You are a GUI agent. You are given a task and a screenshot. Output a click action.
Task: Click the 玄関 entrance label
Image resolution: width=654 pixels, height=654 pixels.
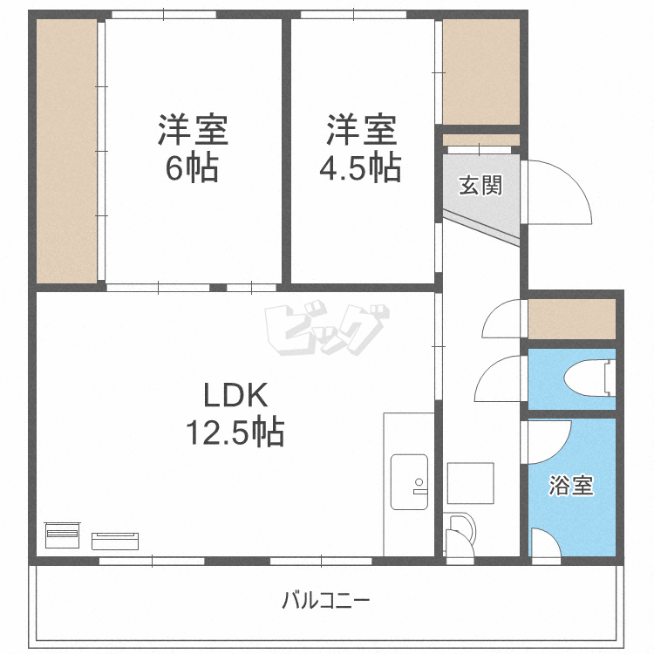(x=480, y=185)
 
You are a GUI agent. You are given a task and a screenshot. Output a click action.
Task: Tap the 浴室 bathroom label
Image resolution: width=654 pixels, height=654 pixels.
(x=570, y=485)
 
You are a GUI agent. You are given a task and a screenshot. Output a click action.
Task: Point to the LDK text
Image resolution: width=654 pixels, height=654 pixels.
(x=235, y=394)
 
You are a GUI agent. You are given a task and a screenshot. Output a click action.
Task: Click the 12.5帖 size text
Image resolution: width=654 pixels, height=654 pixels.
(x=235, y=432)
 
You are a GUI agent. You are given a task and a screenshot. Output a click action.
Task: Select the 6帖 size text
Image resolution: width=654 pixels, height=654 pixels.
(x=192, y=167)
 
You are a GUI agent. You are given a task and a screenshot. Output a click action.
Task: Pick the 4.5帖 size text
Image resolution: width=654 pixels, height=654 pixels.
(x=360, y=167)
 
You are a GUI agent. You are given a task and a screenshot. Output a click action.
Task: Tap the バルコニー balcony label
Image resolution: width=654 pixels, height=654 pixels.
(x=326, y=601)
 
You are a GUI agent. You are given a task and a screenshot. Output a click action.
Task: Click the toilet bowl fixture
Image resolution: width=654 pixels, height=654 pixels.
(x=589, y=378)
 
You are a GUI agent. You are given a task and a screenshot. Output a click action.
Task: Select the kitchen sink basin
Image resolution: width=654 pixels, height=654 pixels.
(x=409, y=481)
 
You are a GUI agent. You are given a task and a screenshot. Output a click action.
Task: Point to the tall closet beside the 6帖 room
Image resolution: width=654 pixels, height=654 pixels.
(x=67, y=151)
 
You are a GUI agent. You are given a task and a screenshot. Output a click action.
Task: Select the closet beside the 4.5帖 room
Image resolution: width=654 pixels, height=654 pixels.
(x=480, y=72)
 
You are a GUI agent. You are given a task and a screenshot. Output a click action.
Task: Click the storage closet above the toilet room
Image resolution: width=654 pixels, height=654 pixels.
(x=572, y=319)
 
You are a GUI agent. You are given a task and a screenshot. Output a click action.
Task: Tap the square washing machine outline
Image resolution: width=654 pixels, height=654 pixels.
(x=471, y=483)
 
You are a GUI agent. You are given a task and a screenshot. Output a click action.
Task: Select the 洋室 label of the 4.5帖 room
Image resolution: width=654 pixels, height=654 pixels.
(x=361, y=130)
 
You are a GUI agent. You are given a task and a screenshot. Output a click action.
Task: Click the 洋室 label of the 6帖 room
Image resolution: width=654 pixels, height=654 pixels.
(x=193, y=130)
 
